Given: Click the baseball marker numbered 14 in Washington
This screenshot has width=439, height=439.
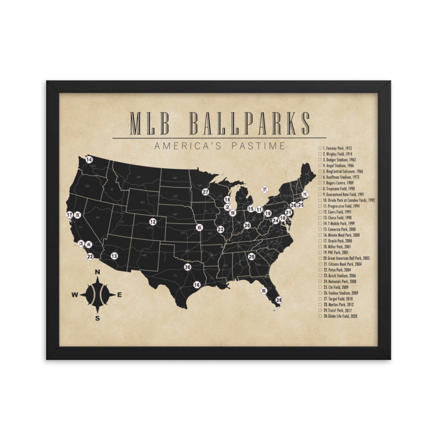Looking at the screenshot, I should [89, 160].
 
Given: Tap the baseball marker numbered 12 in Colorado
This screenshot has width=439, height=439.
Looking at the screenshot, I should [153, 222].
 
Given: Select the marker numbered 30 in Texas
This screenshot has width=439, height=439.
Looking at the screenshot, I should [188, 267].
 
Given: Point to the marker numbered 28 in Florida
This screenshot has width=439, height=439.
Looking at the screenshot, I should [279, 300].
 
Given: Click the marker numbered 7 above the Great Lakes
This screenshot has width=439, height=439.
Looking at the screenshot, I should [265, 190].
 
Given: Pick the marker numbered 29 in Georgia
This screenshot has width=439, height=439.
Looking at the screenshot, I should [251, 257].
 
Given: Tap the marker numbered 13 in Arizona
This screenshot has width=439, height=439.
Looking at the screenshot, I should [114, 256].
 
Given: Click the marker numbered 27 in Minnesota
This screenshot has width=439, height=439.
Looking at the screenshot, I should [205, 192].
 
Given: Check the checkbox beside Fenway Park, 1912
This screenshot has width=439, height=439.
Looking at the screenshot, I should [320, 148].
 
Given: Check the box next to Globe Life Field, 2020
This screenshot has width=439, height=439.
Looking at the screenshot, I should [320, 316].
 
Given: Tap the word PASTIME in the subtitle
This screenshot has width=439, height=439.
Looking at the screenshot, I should [258, 145].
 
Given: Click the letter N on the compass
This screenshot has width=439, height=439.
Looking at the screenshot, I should [97, 272].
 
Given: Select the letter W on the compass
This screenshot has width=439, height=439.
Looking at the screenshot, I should [75, 295].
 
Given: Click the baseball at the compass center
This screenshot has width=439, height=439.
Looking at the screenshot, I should [97, 295].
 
